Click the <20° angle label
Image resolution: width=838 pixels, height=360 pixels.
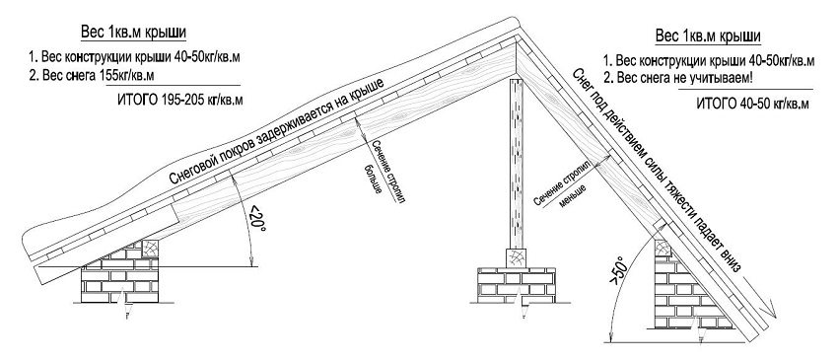point(257,218)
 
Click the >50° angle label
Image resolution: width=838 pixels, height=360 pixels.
point(620,273)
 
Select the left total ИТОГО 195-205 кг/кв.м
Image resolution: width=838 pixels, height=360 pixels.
point(179,100)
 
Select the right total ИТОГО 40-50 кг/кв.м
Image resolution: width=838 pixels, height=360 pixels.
point(752,104)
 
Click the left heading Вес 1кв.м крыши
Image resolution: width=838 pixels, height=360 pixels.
point(134,33)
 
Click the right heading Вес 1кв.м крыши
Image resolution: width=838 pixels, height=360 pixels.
point(708,36)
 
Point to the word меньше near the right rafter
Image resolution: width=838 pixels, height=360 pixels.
point(573,196)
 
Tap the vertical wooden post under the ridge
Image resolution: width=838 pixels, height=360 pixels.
point(517,165)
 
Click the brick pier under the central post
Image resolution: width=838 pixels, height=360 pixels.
point(517,285)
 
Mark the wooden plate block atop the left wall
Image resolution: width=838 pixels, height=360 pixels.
point(150,249)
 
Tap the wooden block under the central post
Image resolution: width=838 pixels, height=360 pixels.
point(517,257)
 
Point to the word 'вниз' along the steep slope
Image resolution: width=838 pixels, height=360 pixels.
point(730,261)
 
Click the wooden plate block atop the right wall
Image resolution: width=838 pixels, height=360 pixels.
point(663,249)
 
